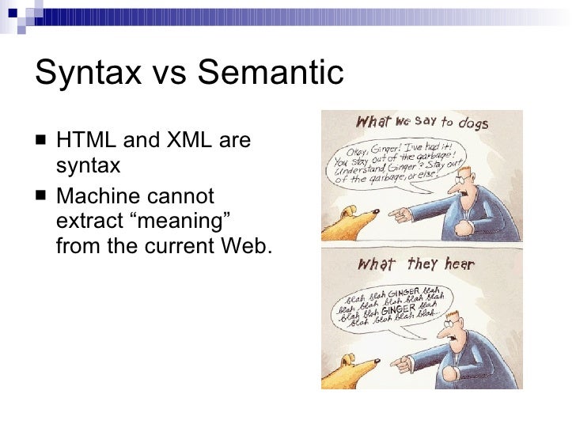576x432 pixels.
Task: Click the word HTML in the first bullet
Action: point(84,142)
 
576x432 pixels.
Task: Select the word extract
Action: point(85,221)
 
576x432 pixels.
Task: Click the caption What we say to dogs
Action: point(421,123)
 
